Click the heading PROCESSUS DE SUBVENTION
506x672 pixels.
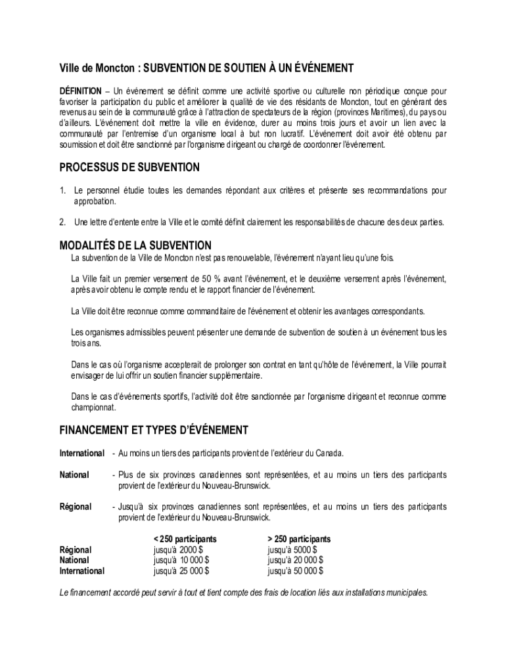[x=129, y=167]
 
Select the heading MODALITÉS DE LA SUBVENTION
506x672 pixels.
[x=135, y=245]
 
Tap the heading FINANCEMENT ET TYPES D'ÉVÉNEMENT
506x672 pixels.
[x=154, y=430]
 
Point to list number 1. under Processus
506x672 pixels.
[x=63, y=190]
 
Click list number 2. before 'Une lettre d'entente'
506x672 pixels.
[x=63, y=222]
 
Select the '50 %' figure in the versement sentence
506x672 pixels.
[x=212, y=278]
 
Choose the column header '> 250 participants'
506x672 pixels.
[x=299, y=539]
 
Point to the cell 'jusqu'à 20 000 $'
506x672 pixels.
[x=295, y=560]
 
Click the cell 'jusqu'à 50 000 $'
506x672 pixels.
[x=295, y=571]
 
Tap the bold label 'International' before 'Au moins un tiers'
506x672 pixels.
[x=81, y=453]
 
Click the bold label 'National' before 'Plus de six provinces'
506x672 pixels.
[x=74, y=474]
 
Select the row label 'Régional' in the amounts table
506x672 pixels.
[x=76, y=550]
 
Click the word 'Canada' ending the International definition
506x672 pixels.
[x=329, y=453]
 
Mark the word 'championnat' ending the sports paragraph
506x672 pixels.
[x=93, y=408]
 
